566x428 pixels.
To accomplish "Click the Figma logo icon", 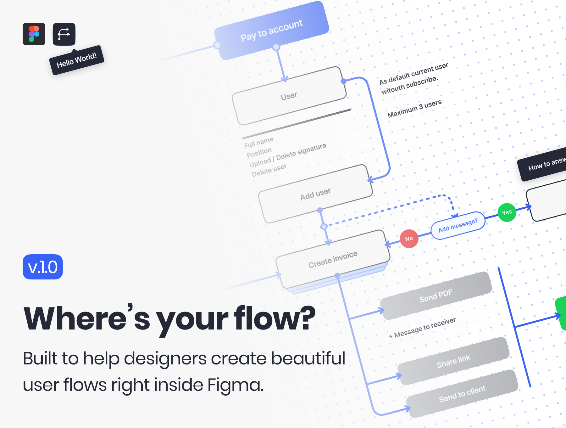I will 34,34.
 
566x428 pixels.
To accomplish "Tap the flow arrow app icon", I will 64,34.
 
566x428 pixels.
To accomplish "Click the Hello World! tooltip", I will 76,60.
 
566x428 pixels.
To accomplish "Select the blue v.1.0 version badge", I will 43,267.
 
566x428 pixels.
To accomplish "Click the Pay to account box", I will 272,30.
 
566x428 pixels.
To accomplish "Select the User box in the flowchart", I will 289,96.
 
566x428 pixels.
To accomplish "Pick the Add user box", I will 315,194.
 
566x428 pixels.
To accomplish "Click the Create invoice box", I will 333,259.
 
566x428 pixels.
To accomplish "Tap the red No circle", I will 409,239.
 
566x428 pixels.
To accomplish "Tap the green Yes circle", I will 507,212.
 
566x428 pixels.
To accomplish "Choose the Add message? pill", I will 458,225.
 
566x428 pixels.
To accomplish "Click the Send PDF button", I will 436,296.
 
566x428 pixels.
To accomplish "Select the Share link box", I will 453,361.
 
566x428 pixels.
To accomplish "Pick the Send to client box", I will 462,394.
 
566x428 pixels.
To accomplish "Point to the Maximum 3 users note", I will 414,108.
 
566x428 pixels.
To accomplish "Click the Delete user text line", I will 269,170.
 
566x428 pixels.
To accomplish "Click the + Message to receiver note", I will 422,328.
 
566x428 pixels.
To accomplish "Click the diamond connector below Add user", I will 324,226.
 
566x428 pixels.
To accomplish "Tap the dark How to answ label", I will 546,164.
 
